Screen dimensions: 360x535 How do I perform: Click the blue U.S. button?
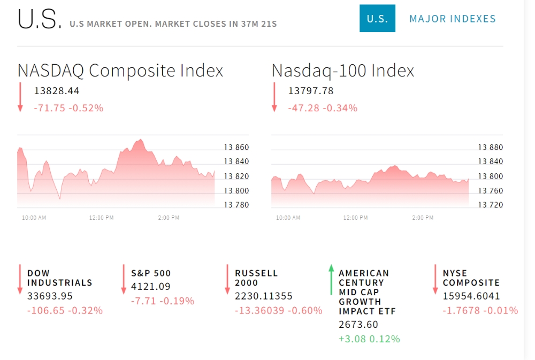tap(377, 19)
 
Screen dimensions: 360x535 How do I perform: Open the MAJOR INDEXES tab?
tap(453, 19)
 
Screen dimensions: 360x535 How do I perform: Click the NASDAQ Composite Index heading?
tap(120, 71)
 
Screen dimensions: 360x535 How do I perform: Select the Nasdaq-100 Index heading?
tap(343, 71)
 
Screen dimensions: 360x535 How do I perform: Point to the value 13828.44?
tap(57, 91)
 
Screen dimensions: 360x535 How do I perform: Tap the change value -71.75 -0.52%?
tap(68, 108)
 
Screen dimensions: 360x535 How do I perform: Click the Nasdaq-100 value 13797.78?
tap(311, 91)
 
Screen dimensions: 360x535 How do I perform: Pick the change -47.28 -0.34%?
tap(323, 108)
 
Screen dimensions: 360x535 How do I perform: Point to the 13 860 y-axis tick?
tap(236, 147)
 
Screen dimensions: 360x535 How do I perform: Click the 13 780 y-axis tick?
tap(236, 205)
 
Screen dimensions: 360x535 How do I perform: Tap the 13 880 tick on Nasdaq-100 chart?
tap(491, 147)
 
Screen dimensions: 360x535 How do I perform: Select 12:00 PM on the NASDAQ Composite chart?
tap(102, 218)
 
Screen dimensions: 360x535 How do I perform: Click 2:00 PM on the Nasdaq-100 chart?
tap(423, 218)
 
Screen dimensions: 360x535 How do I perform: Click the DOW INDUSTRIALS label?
tap(59, 278)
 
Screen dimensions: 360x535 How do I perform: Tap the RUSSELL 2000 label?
tap(256, 278)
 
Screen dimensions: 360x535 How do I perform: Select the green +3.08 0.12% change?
tap(369, 339)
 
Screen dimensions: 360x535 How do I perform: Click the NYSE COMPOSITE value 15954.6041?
tap(471, 296)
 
